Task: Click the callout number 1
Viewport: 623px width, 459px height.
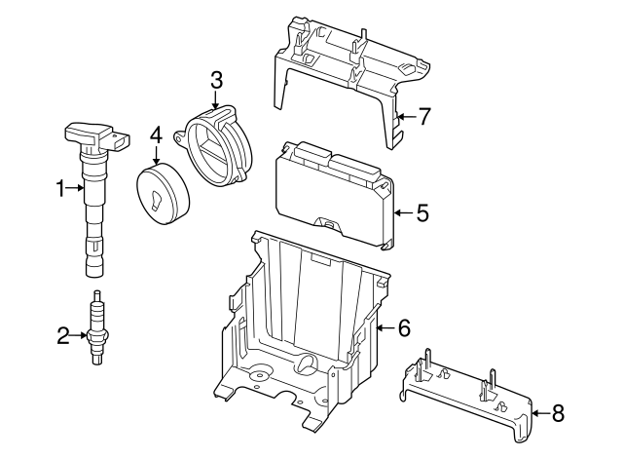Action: [x=59, y=188]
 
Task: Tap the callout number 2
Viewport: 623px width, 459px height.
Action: [x=63, y=336]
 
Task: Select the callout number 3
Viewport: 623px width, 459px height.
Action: [x=216, y=79]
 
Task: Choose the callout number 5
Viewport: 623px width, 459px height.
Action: [x=421, y=211]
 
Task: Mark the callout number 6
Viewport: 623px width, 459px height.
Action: [x=404, y=327]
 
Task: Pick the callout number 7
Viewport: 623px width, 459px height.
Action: [x=423, y=117]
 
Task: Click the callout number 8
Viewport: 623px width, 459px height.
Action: [x=557, y=413]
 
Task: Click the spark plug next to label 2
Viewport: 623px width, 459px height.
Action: [x=96, y=329]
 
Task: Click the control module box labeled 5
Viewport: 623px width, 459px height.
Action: [x=331, y=190]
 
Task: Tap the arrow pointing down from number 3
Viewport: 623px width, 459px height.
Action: [x=216, y=100]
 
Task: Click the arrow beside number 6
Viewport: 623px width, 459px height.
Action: [x=385, y=327]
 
